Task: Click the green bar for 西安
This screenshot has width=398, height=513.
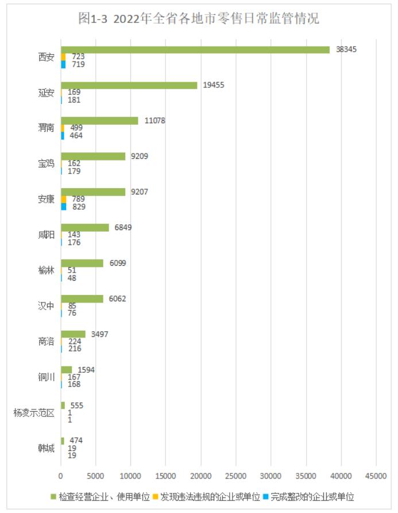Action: (195, 49)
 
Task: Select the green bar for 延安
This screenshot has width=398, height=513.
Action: (129, 85)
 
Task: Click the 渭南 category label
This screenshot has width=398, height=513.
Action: (46, 128)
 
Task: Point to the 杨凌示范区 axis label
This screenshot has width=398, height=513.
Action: (34, 412)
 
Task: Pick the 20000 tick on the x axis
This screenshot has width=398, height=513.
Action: (201, 476)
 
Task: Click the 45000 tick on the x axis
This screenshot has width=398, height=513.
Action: (376, 476)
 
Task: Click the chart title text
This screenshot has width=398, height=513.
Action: (199, 19)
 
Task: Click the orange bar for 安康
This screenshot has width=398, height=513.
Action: (64, 199)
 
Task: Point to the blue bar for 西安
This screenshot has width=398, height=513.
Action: (63, 64)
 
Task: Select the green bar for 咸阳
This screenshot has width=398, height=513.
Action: (85, 228)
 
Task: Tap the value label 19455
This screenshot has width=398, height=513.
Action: (213, 85)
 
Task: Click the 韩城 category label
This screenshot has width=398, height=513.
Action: (46, 448)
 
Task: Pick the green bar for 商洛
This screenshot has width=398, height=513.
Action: (73, 334)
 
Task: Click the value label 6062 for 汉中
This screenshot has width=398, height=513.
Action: (117, 298)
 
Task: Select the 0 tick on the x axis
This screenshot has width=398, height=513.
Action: (61, 476)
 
